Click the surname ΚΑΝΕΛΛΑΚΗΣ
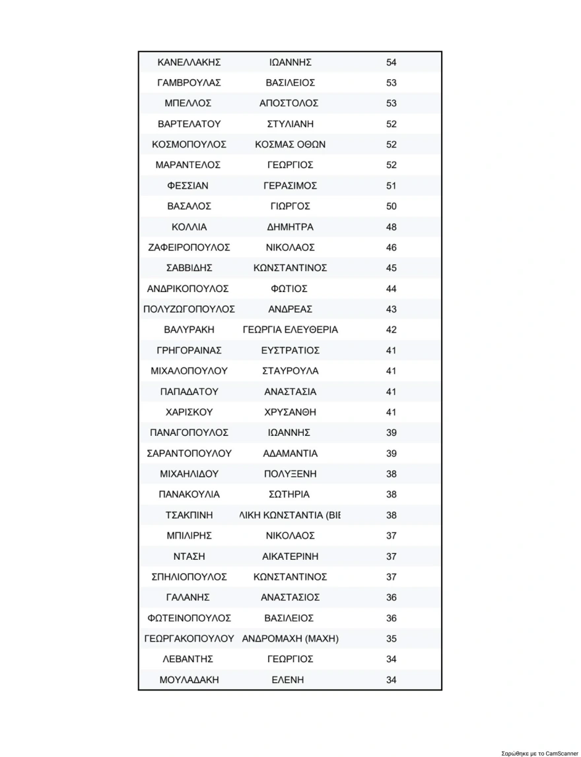point(189,63)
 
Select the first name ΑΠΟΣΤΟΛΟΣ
point(289,104)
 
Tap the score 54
point(392,63)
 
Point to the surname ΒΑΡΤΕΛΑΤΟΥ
point(189,124)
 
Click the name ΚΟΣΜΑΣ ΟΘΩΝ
point(290,144)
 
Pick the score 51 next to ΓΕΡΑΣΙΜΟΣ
point(392,186)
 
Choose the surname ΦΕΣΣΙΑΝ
point(189,186)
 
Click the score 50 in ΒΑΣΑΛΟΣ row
point(392,206)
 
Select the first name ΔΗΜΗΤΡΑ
point(290,227)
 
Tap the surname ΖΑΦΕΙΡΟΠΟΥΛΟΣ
point(189,247)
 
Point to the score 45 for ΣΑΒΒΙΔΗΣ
point(392,268)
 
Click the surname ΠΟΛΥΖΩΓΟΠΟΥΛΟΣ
point(189,309)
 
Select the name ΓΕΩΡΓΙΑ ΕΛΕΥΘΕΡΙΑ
point(290,330)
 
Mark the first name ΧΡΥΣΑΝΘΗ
point(290,412)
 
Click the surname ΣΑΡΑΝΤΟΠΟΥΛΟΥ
point(189,453)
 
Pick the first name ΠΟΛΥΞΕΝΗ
point(290,473)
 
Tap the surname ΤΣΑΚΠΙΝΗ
point(189,515)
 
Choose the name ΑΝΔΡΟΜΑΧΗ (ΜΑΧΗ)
point(290,638)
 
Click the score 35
point(392,638)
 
